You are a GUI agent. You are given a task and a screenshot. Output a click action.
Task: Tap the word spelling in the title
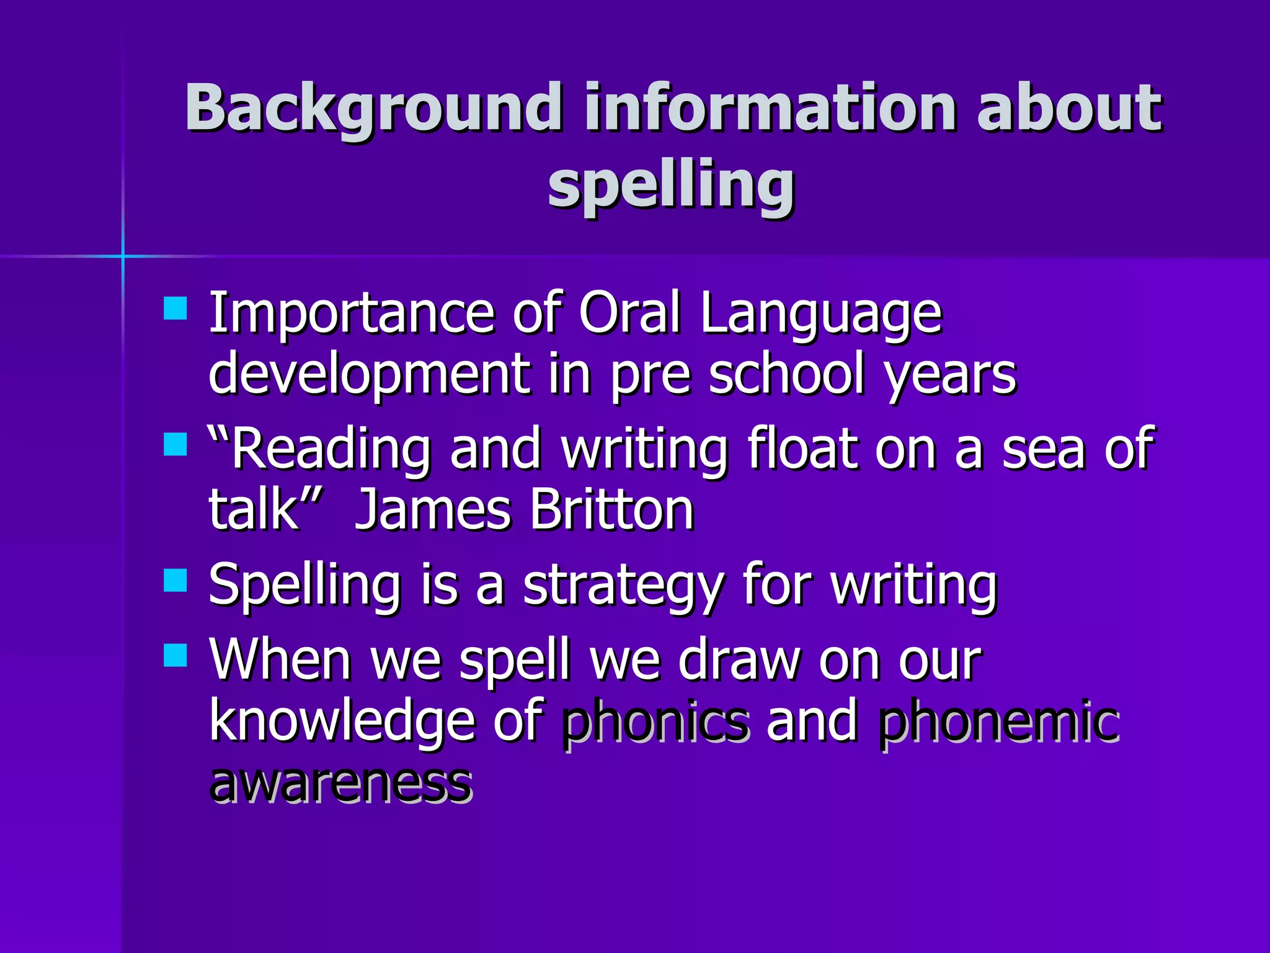click(671, 184)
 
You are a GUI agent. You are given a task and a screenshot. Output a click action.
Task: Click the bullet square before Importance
click(175, 308)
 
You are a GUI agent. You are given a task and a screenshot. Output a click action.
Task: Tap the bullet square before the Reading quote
click(175, 444)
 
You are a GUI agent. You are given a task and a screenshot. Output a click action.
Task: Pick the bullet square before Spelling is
click(175, 581)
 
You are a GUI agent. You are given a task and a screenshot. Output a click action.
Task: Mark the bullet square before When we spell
click(175, 655)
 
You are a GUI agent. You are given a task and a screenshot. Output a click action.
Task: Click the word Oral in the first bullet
click(630, 313)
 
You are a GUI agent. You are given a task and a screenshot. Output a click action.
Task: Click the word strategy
click(623, 587)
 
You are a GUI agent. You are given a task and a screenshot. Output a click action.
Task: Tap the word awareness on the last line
click(340, 783)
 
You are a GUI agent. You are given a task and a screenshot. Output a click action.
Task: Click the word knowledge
click(342, 721)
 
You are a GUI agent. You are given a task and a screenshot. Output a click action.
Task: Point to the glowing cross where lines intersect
click(123, 255)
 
